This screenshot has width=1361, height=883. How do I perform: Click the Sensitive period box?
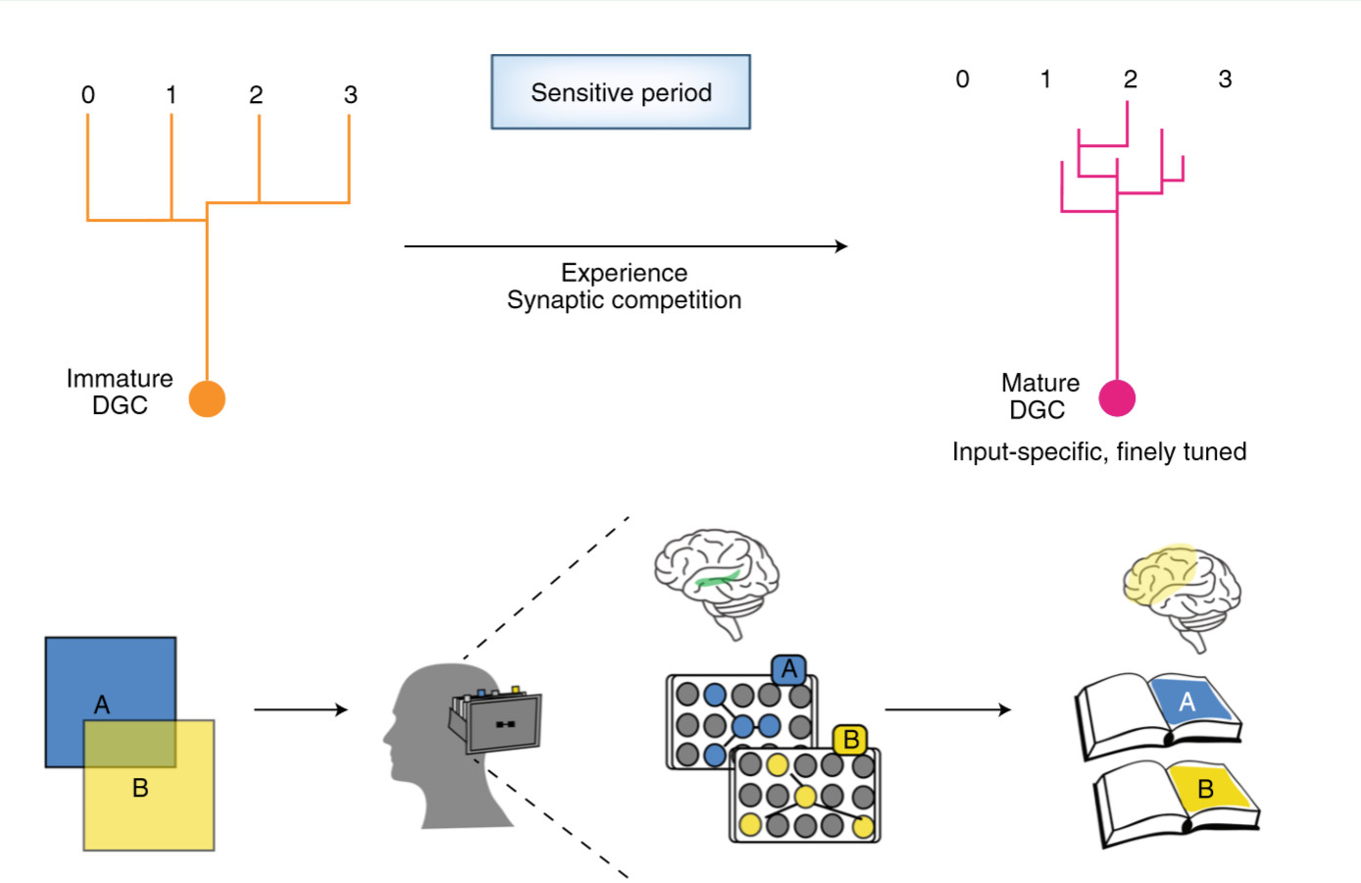[x=621, y=92]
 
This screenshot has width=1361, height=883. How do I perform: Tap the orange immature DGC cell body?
[x=207, y=399]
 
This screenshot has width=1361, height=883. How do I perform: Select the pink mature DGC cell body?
[x=1117, y=398]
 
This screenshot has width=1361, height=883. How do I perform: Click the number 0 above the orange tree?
[x=88, y=95]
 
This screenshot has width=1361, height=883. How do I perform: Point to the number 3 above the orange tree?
[x=350, y=95]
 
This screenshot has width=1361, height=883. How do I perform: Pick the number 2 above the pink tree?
[x=1131, y=79]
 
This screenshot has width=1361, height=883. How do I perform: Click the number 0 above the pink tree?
[x=962, y=79]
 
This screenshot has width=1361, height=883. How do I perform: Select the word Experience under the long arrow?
[x=624, y=273]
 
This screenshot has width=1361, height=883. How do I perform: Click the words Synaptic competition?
[x=624, y=300]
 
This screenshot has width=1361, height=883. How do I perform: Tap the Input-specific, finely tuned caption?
[x=1099, y=452]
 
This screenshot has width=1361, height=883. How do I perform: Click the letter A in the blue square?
[x=102, y=704]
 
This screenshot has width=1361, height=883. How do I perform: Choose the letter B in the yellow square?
[x=140, y=788]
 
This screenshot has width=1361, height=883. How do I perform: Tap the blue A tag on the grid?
[x=789, y=670]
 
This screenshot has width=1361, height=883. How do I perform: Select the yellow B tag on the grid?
[x=850, y=740]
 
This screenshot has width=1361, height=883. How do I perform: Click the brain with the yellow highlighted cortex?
[x=1182, y=595]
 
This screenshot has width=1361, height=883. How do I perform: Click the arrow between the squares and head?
[x=300, y=709]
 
